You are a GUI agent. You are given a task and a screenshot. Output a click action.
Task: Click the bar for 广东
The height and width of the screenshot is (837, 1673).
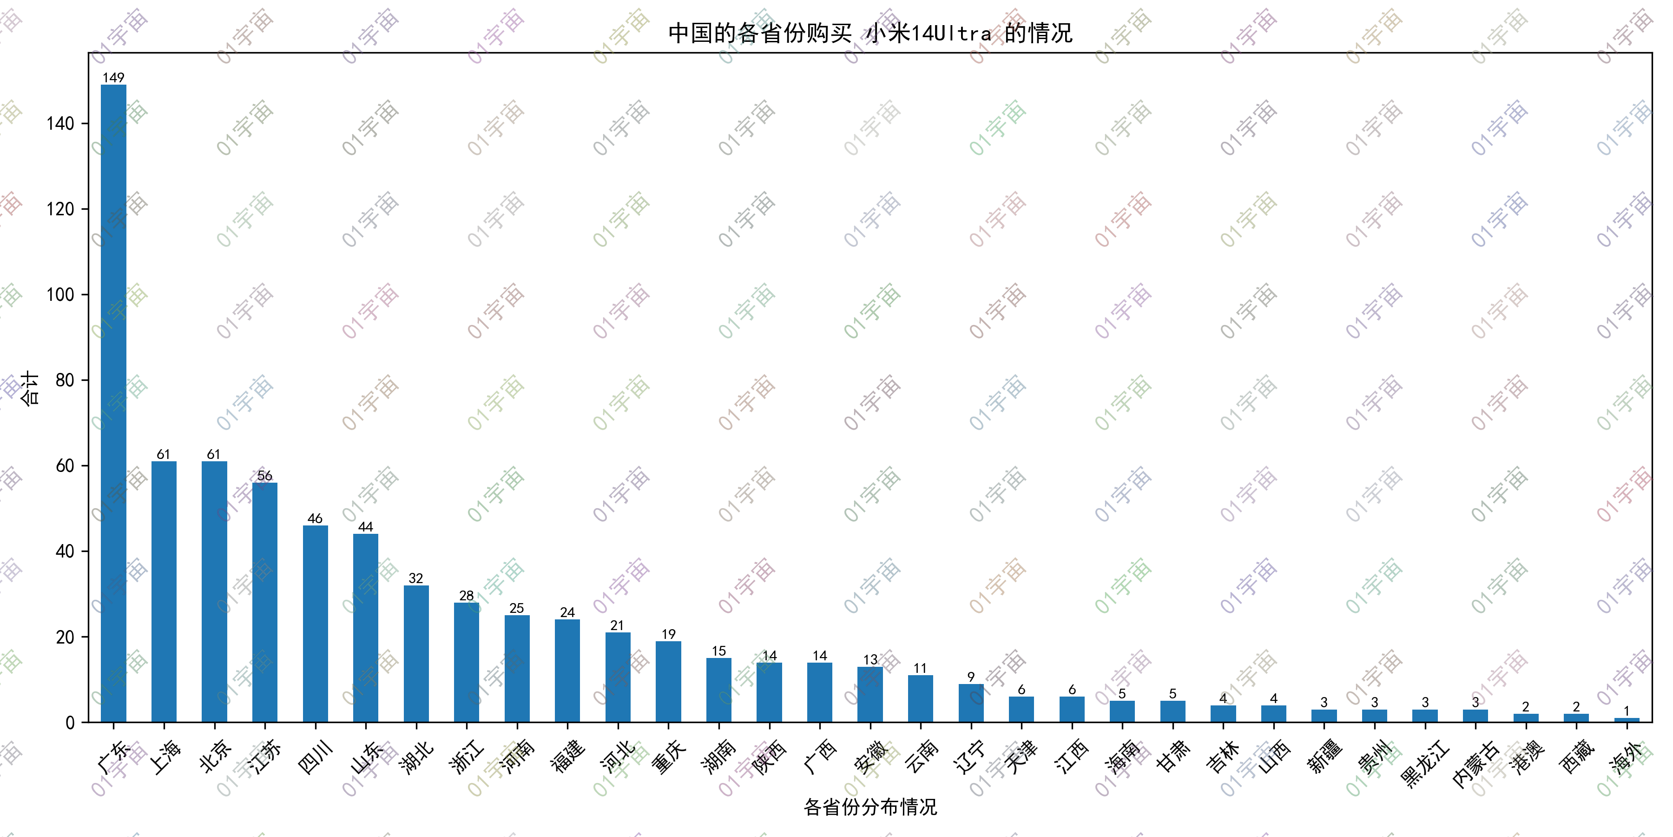(114, 403)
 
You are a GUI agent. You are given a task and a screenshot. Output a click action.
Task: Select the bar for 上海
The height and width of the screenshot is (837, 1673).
(164, 591)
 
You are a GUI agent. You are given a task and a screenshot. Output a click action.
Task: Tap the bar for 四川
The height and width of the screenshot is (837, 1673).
(316, 624)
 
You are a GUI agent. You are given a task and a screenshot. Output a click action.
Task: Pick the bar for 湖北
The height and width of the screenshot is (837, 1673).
(416, 654)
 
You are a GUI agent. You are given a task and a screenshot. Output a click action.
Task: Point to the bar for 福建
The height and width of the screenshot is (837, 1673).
(567, 671)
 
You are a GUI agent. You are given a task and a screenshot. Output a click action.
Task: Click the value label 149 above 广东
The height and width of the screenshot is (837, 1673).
(114, 77)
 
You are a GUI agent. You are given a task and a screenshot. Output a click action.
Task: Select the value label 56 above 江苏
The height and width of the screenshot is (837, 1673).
(265, 475)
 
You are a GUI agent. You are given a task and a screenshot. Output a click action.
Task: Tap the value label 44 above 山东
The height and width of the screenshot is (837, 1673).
(366, 526)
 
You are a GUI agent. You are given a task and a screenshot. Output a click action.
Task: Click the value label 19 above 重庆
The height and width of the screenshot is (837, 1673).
(669, 634)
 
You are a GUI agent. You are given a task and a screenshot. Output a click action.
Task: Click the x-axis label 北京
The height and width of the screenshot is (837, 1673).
(215, 756)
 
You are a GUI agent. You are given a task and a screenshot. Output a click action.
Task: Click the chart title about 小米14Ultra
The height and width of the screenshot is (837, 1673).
(870, 33)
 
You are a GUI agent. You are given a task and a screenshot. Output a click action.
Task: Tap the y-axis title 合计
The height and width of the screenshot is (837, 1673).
(29, 388)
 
